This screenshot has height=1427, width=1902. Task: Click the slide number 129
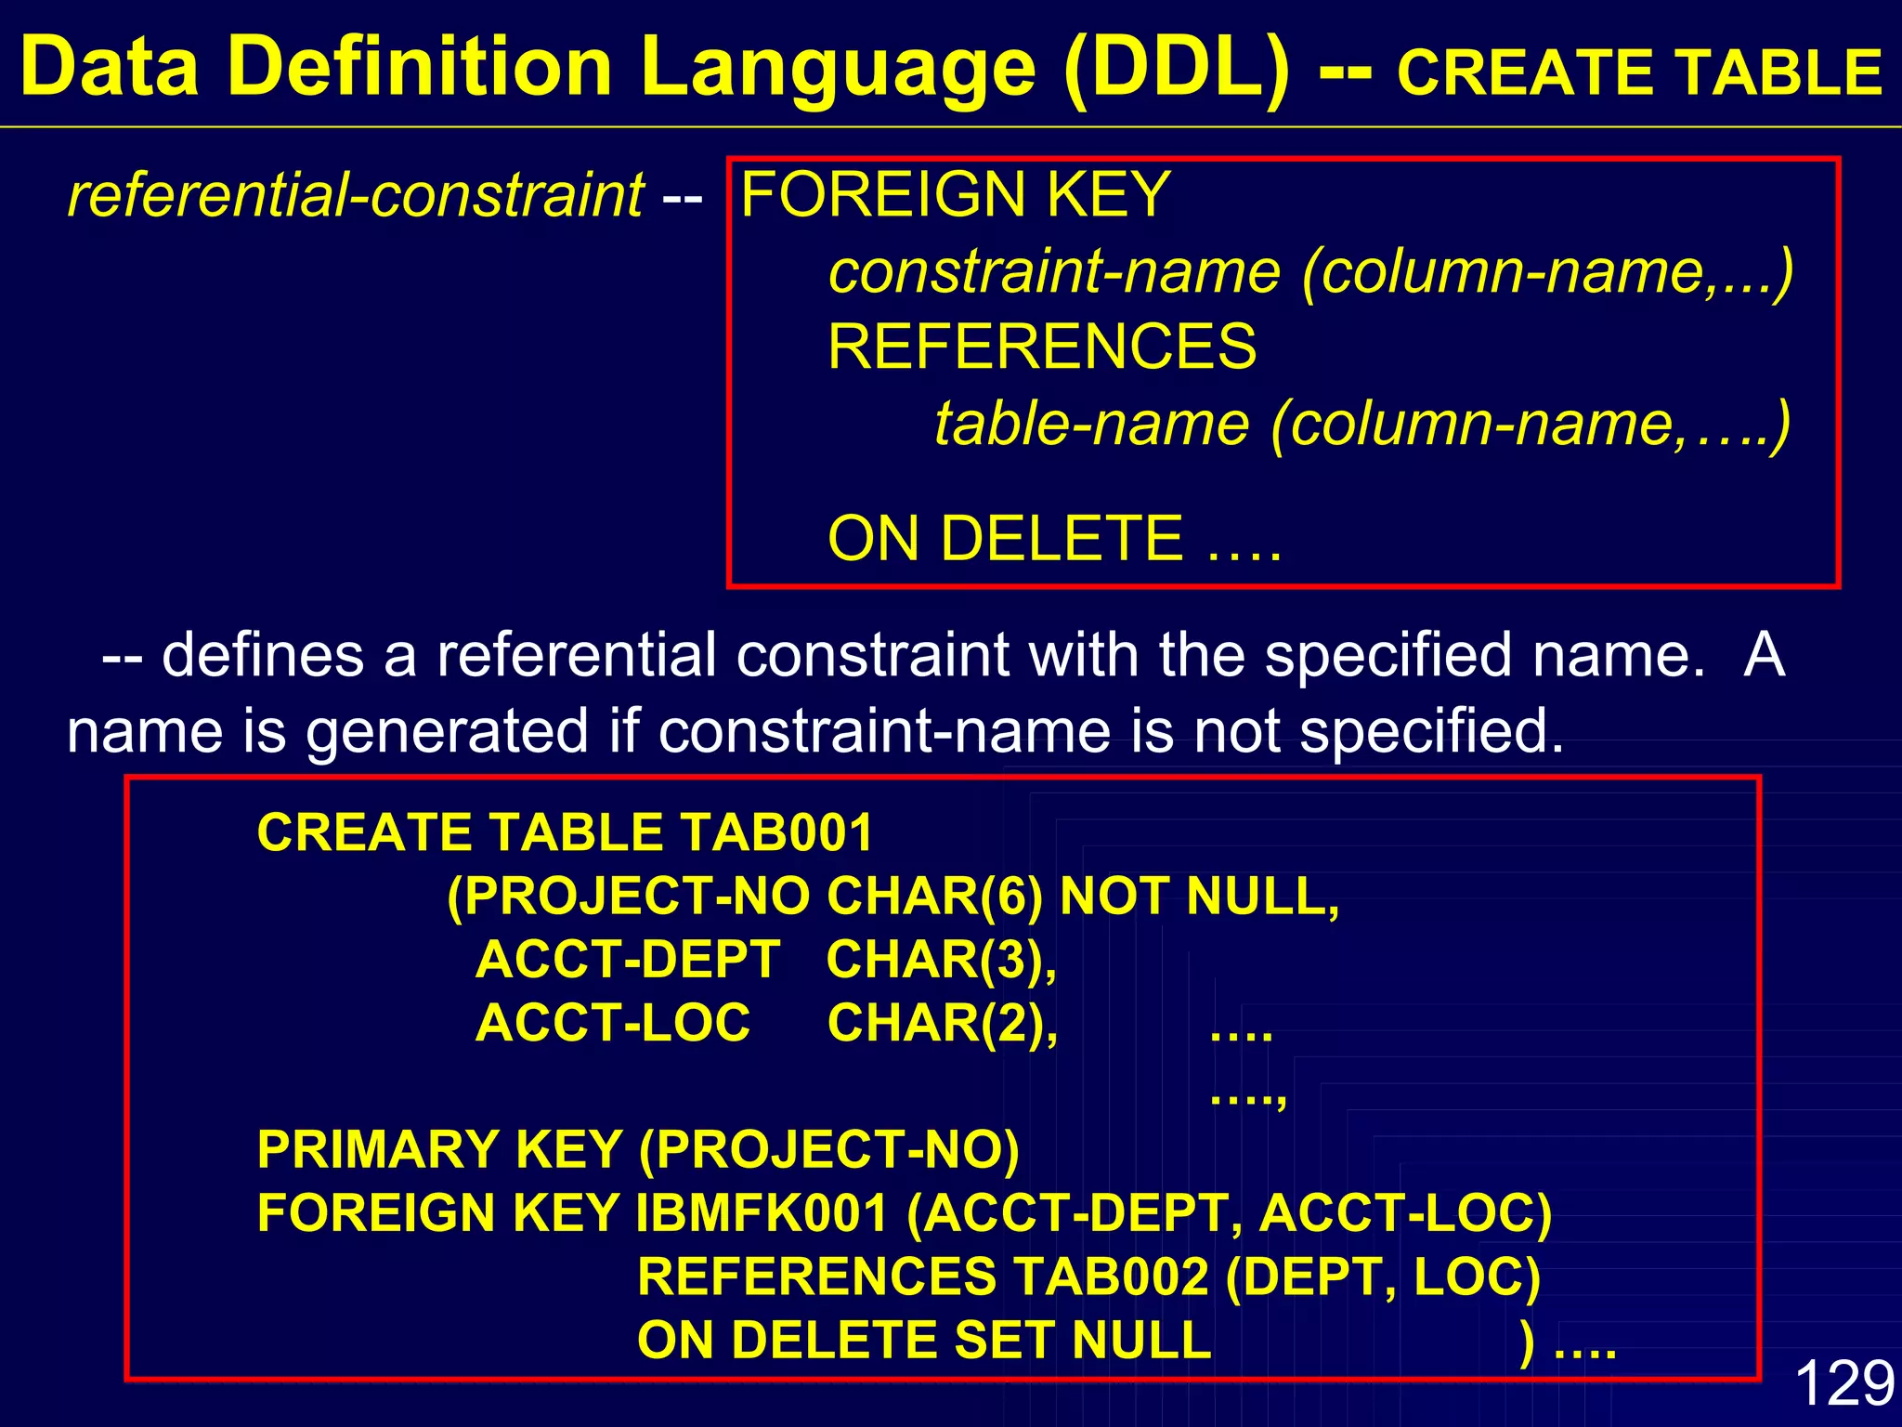point(1844,1382)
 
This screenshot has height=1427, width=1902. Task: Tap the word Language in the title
point(838,67)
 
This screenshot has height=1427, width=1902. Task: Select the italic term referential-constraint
point(356,195)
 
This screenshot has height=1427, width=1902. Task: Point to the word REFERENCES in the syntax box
point(1042,347)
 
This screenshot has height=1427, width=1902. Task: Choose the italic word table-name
point(1092,424)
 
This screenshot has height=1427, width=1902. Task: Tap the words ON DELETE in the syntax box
point(1005,539)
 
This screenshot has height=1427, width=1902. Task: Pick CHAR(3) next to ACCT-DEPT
point(940,960)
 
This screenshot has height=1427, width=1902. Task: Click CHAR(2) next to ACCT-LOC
point(941,1023)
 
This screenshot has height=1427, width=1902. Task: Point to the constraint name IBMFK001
point(762,1213)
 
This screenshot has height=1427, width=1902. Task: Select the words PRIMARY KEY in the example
point(439,1150)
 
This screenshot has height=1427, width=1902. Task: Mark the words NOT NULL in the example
point(1199,897)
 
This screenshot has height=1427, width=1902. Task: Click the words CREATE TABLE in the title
point(1639,72)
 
